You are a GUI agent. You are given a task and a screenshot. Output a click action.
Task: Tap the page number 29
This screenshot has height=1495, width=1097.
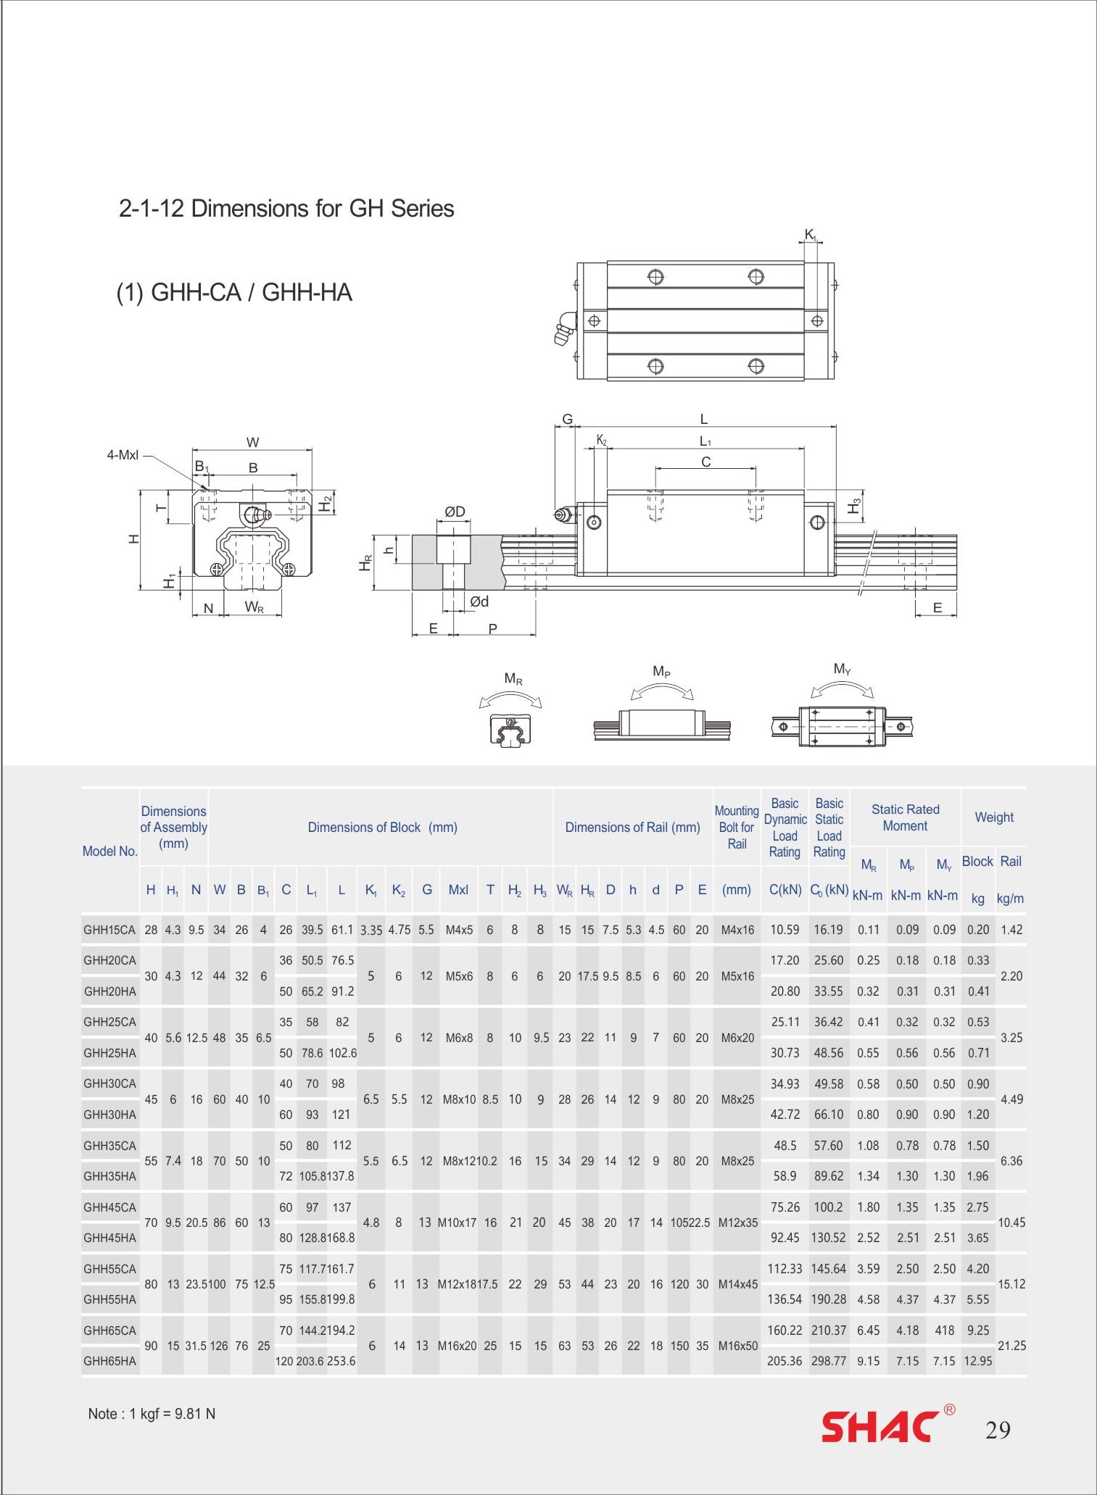(x=997, y=1430)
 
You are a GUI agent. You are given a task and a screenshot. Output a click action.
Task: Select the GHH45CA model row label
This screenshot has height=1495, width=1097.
(x=109, y=1207)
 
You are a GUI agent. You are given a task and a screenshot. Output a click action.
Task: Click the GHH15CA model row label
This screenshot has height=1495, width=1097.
(x=109, y=930)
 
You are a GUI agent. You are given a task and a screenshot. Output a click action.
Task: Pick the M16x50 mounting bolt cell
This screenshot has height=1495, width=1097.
(x=737, y=1346)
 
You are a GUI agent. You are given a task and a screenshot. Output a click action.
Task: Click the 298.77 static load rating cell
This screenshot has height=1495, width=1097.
(x=829, y=1361)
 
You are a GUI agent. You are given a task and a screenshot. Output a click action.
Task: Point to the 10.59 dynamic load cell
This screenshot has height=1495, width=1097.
(x=785, y=930)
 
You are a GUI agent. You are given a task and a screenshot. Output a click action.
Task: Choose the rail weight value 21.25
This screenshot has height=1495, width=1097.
(x=1011, y=1346)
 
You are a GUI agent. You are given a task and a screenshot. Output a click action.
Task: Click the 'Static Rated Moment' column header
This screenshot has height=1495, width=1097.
(x=905, y=817)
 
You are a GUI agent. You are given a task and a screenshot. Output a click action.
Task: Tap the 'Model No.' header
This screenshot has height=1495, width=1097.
(x=109, y=851)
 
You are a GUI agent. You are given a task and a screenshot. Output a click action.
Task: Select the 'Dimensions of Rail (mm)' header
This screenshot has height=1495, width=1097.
(x=632, y=828)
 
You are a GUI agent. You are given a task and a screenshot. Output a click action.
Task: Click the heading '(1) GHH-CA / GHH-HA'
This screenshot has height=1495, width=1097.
(x=234, y=293)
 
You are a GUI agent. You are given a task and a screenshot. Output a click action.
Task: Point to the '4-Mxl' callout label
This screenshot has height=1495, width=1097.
(x=123, y=456)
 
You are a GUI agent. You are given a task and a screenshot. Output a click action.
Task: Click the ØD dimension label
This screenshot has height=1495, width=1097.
(x=455, y=512)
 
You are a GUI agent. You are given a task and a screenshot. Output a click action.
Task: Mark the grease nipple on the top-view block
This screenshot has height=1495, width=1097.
(x=564, y=329)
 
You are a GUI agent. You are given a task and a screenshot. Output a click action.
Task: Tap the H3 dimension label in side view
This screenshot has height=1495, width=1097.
(x=856, y=507)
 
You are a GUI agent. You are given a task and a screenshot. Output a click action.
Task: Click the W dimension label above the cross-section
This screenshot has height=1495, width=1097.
(x=252, y=443)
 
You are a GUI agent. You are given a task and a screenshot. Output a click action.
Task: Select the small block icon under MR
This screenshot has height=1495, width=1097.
(x=510, y=728)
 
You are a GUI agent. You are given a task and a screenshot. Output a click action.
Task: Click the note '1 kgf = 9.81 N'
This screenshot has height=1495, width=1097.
(x=152, y=1414)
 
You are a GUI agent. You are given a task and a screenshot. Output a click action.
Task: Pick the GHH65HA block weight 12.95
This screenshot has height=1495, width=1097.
(x=977, y=1361)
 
